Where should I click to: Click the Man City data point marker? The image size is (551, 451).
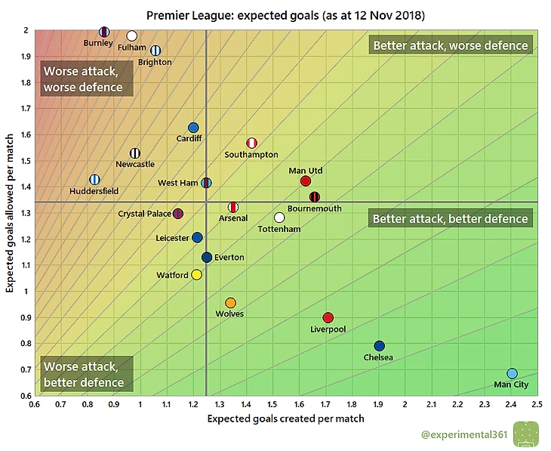coord(512,374)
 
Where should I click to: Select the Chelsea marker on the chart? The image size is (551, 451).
coord(379,346)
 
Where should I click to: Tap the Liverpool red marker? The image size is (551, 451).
coord(328,318)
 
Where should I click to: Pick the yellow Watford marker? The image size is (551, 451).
coord(196,275)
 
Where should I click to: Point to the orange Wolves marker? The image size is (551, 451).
coord(230,303)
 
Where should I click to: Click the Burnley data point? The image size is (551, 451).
coord(104,32)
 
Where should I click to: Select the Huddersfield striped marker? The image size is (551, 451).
coord(94,180)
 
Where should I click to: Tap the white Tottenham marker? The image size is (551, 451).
coord(279,218)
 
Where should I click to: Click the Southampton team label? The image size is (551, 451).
coord(251,155)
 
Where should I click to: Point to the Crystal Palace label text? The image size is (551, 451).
coord(144,214)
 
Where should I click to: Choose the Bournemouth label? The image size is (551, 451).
coord(314,209)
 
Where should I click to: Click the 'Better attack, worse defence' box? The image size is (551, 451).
coord(450,45)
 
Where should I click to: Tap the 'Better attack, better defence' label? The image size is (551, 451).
coord(450,219)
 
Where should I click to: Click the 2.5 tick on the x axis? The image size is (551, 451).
coord(537,404)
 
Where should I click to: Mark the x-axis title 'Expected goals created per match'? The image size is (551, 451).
coord(285,419)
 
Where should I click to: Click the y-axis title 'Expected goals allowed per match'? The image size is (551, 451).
coord(10,212)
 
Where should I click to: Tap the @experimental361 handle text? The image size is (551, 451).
coord(462,435)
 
